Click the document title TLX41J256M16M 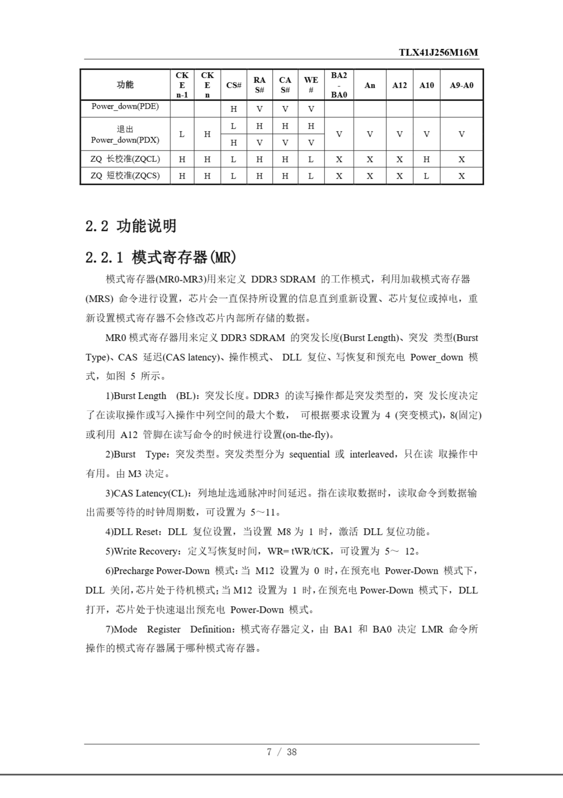click(x=438, y=52)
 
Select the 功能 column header click(x=125, y=85)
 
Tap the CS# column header click(x=233, y=85)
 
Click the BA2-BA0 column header click(x=339, y=85)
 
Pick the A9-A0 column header click(x=461, y=85)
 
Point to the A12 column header click(x=399, y=85)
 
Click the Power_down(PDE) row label click(x=125, y=106)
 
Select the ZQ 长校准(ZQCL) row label click(x=125, y=159)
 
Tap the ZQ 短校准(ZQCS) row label click(x=125, y=176)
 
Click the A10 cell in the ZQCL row click(x=426, y=159)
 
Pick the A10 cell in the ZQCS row click(x=426, y=176)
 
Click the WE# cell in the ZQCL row click(x=311, y=159)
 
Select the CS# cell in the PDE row click(x=233, y=109)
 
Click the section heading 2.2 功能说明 click(x=131, y=226)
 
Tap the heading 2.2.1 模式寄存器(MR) click(x=161, y=257)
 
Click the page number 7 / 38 click(x=281, y=752)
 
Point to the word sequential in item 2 click(x=309, y=454)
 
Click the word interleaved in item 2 click(x=372, y=454)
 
